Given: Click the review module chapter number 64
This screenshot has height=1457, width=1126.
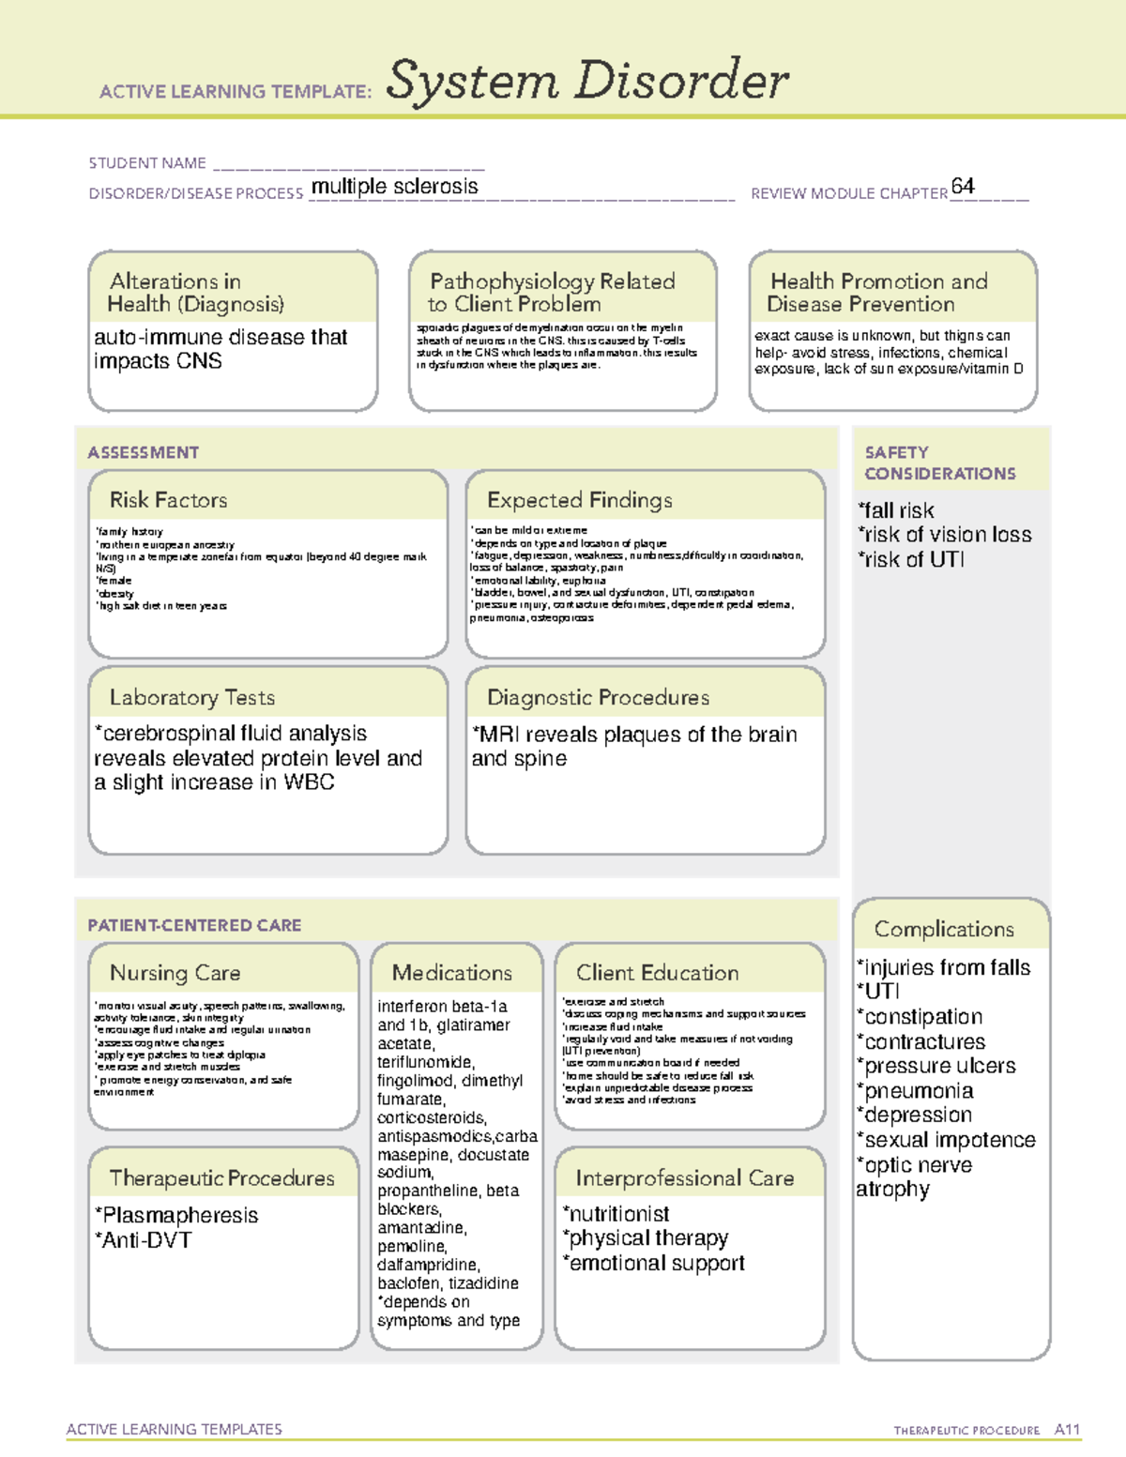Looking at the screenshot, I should pos(962,186).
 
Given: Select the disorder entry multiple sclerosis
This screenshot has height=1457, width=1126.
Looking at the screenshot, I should pos(394,187).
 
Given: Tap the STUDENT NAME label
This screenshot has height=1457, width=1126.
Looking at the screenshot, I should pos(147,163).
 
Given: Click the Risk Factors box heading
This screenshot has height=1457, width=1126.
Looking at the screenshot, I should pos(168,500).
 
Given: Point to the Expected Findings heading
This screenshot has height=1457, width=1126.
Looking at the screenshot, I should pos(579,500).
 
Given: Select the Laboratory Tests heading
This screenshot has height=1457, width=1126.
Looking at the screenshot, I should pos(191,697).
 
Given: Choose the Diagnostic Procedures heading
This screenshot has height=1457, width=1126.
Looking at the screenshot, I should pos(598,697).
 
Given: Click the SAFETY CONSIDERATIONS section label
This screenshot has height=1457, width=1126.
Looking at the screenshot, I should pos(939,463).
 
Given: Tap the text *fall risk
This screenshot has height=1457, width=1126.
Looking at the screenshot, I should pos(896,510).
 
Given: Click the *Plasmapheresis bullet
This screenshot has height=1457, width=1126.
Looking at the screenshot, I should pos(176,1215).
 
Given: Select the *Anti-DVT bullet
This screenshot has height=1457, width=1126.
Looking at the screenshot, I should pos(144,1239).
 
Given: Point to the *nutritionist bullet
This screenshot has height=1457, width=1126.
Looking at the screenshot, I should pos(616,1214).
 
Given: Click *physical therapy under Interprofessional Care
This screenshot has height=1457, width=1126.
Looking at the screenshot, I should pos(646,1238).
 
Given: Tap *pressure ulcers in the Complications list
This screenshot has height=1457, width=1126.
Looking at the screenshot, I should pos(936,1066).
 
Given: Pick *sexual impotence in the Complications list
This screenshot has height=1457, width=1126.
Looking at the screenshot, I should pos(946,1140).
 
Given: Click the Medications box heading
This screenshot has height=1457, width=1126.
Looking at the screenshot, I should pos(451,973).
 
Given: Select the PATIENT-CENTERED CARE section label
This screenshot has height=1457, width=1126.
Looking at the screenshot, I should pos(194,925).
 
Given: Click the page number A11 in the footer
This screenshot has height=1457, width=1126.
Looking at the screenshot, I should pos(1067,1429).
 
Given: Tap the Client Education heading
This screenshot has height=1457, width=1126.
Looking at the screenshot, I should pos(657,973).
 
